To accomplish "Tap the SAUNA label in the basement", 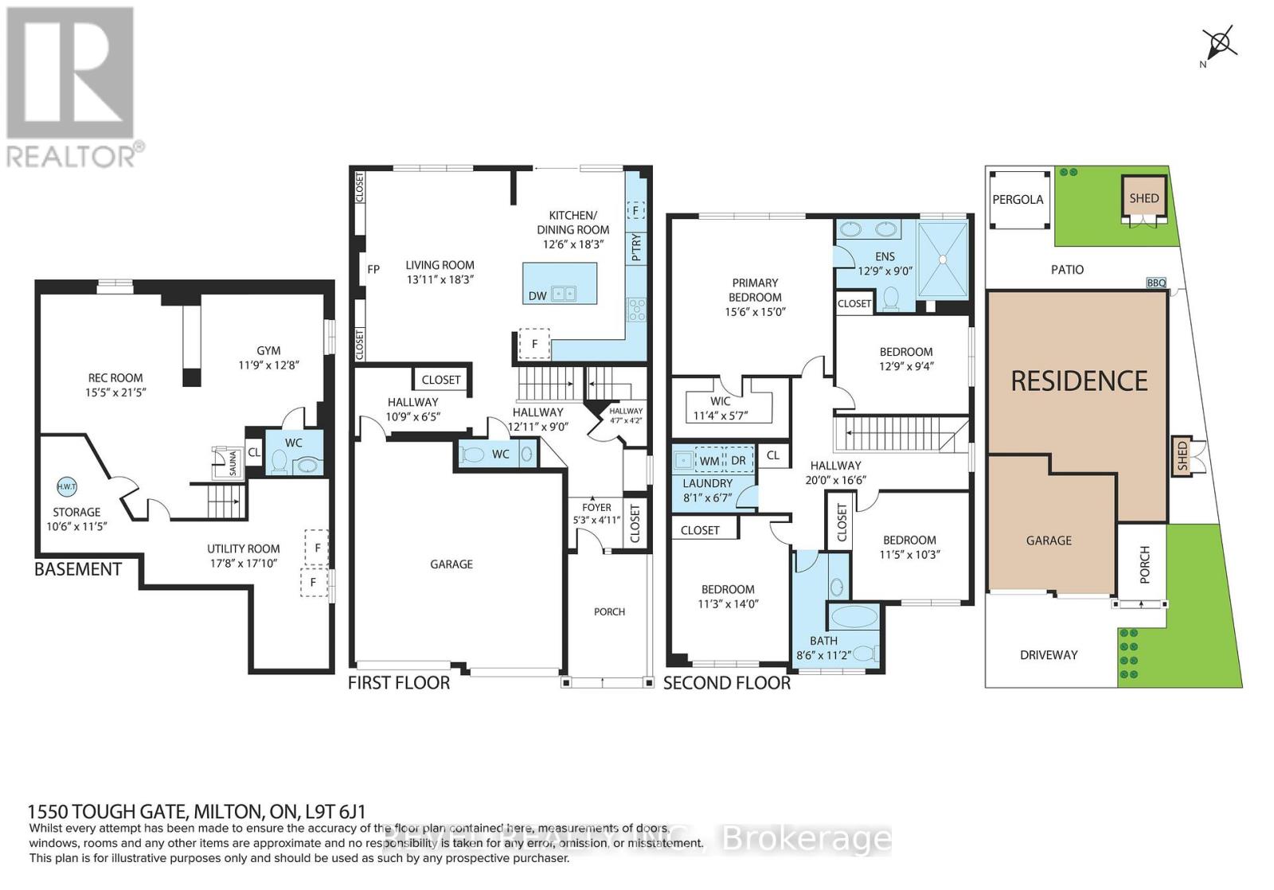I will [233, 463].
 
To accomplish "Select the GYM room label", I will [268, 350].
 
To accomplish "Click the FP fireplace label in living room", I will [373, 269].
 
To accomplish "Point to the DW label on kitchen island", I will [537, 295].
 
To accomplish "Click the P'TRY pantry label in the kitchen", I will [635, 248].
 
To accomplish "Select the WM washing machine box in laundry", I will [709, 461].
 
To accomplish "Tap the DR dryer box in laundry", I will [738, 461].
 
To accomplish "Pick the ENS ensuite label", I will [885, 256].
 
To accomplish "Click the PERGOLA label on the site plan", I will [1018, 200].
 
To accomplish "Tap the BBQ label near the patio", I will [1156, 283].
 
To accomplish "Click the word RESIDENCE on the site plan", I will [1079, 381].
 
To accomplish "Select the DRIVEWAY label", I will [1049, 654].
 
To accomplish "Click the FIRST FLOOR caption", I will [399, 683].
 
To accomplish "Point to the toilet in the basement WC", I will [279, 461].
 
